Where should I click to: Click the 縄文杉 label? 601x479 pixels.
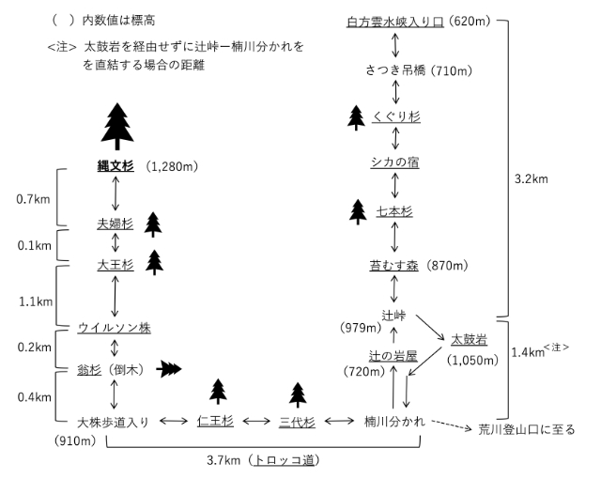[x=116, y=166]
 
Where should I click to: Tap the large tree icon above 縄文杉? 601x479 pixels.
[x=117, y=126]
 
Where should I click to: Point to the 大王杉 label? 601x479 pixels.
[x=116, y=265]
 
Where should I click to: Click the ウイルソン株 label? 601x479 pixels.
[x=115, y=328]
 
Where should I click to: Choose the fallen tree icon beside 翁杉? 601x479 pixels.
[x=168, y=369]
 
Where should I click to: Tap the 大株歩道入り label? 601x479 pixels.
[x=113, y=422]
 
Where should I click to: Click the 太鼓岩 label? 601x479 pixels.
[x=469, y=338]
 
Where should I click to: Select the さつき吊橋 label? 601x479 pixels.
[x=394, y=70]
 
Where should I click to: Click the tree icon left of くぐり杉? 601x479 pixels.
[x=356, y=116]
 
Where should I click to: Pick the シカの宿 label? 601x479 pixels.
[x=394, y=162]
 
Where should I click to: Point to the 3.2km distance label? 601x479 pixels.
[x=532, y=177]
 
